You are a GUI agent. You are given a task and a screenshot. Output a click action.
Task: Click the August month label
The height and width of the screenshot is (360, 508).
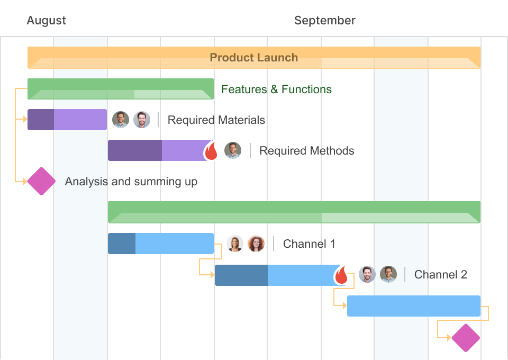(46, 21)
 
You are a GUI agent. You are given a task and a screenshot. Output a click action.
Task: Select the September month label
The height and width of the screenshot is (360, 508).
(324, 21)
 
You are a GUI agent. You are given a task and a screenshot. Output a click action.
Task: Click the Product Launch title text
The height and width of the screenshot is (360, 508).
(253, 58)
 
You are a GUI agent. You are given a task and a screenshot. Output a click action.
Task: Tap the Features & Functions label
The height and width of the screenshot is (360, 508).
(276, 89)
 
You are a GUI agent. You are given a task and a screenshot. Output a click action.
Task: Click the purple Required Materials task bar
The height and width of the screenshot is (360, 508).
(67, 120)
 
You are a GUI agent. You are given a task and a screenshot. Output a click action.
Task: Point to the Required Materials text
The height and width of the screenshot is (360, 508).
(216, 120)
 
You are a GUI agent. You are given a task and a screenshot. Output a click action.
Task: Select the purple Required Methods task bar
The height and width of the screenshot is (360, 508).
(156, 150)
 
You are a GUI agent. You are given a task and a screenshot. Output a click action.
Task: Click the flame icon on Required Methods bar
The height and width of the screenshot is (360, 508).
(211, 151)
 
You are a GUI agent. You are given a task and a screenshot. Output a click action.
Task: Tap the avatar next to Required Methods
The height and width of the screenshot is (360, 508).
(233, 150)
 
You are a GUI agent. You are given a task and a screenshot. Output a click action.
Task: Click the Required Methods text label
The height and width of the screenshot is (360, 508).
(306, 151)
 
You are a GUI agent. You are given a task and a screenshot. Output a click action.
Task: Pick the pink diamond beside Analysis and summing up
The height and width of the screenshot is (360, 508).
(41, 181)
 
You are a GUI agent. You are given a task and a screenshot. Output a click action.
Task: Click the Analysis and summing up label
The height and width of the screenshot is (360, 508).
(131, 182)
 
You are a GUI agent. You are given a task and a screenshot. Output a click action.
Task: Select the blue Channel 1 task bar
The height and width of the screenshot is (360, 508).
(161, 244)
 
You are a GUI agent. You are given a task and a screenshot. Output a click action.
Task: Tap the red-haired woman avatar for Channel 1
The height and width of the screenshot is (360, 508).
(256, 244)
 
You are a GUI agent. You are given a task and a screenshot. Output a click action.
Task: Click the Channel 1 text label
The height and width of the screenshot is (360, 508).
(309, 244)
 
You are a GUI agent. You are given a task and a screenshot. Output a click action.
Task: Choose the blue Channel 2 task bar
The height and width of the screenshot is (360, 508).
(275, 275)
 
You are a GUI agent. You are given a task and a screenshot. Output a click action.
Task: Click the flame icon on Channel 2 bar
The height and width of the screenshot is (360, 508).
(341, 276)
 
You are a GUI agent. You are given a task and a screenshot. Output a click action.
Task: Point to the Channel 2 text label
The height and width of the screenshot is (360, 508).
(440, 275)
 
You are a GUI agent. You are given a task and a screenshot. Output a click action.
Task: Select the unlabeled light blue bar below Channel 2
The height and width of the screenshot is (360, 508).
(413, 306)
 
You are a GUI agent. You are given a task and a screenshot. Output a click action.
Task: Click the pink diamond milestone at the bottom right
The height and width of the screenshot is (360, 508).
(466, 338)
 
